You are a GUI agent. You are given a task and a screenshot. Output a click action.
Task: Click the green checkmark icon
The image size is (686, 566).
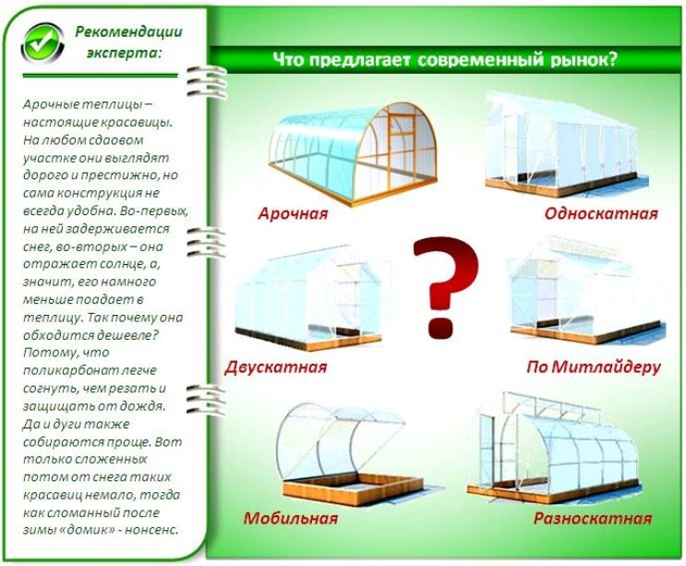pos(42,44)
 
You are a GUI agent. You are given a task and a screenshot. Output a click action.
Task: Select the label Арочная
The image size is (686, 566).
pos(293,214)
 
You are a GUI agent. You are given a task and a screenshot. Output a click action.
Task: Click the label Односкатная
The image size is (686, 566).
pos(601,213)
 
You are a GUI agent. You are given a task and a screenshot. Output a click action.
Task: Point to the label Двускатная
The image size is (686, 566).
pos(276,367)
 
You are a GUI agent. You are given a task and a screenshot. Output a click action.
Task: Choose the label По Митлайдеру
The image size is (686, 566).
pos(594,367)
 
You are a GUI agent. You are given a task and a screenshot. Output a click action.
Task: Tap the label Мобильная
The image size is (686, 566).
pos(291,518)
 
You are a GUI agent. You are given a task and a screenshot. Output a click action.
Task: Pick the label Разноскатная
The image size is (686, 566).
pos(593,518)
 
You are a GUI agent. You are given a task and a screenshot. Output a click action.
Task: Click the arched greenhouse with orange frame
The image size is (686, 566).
pos(353,153)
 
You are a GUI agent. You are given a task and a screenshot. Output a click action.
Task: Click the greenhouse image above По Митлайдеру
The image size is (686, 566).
pos(587,291)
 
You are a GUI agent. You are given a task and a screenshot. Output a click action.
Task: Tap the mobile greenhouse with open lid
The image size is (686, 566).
pos(349,455)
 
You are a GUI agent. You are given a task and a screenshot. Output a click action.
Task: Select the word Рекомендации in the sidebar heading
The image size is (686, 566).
pos(128,32)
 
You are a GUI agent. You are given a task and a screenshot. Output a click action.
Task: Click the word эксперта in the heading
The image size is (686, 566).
pos(124,53)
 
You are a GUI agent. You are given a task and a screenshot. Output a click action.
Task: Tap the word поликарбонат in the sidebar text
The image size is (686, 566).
pos(66,371)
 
